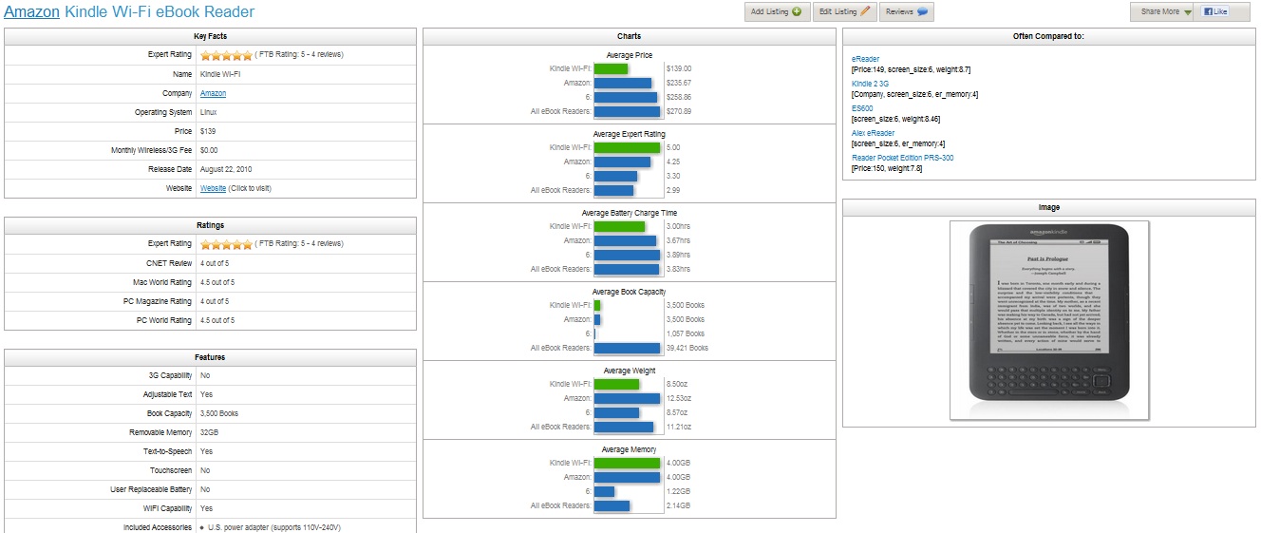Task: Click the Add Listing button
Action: click(x=777, y=12)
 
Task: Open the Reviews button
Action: click(x=906, y=12)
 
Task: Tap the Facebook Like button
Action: click(x=1214, y=12)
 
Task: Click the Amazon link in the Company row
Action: click(x=213, y=93)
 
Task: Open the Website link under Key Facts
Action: click(x=213, y=188)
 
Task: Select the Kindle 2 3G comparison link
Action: click(x=870, y=84)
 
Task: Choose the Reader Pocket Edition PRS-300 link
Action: click(x=902, y=158)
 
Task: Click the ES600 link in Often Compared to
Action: click(x=862, y=108)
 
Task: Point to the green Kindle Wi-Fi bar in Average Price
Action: click(x=611, y=68)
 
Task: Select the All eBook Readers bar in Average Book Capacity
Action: click(x=627, y=348)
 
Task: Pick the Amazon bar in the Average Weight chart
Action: click(x=627, y=398)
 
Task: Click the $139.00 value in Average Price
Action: click(x=679, y=68)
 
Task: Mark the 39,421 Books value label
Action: click(x=687, y=348)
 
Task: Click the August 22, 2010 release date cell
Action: click(x=226, y=169)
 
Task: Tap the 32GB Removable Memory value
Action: click(x=209, y=432)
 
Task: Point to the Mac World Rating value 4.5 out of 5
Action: click(x=217, y=282)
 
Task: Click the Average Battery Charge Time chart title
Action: click(x=629, y=213)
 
